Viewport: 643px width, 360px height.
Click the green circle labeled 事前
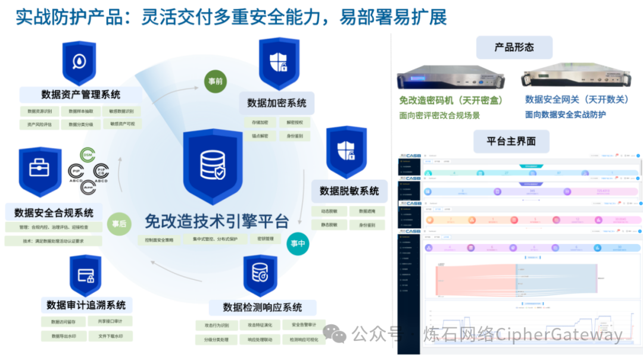click(x=215, y=81)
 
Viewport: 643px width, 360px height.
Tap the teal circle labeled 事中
click(x=298, y=243)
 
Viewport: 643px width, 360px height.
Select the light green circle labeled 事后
click(x=119, y=224)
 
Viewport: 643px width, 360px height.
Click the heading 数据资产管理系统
click(x=81, y=94)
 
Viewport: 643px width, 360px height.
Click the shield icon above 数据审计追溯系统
click(x=85, y=276)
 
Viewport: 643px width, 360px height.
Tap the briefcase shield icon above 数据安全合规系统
click(x=40, y=172)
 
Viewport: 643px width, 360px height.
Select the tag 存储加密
click(x=260, y=123)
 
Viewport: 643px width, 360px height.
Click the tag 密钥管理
click(x=266, y=239)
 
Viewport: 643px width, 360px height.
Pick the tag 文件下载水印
click(x=111, y=336)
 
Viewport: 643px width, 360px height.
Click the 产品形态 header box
click(x=514, y=47)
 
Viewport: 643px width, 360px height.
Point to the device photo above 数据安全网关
click(x=574, y=76)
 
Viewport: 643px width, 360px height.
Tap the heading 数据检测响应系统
click(x=263, y=307)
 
